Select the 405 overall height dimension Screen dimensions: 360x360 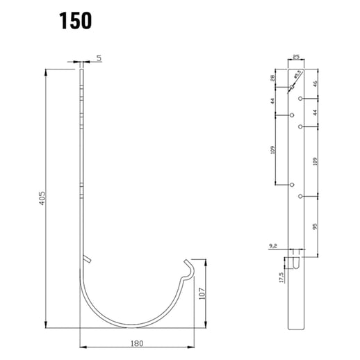41,199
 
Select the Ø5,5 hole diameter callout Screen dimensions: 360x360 297,75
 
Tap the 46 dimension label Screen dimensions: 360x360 316,83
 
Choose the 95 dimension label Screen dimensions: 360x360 316,227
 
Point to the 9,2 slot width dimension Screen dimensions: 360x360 272,245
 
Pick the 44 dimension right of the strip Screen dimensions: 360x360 316,113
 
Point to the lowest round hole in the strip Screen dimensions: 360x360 300,197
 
